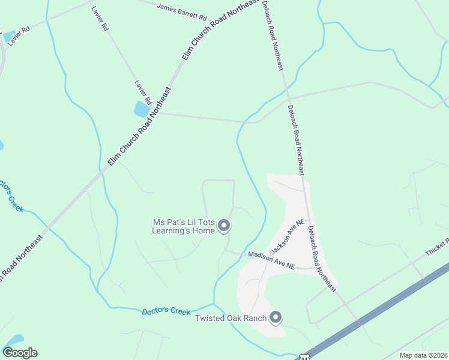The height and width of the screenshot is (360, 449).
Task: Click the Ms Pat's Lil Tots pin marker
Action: tap(224, 226)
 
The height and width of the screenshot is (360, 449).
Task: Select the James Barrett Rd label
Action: tap(181, 9)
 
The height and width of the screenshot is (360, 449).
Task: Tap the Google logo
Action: tap(20, 353)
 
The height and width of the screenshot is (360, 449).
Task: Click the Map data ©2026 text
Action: tap(423, 355)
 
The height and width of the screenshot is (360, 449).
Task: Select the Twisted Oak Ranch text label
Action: tap(231, 317)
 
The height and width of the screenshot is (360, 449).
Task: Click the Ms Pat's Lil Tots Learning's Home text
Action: tap(183, 226)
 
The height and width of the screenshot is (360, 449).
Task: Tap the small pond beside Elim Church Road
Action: tap(142, 109)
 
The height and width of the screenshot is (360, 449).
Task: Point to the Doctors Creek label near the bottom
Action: tap(166, 311)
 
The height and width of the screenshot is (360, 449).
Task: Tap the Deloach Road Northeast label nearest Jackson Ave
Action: tap(321, 258)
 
